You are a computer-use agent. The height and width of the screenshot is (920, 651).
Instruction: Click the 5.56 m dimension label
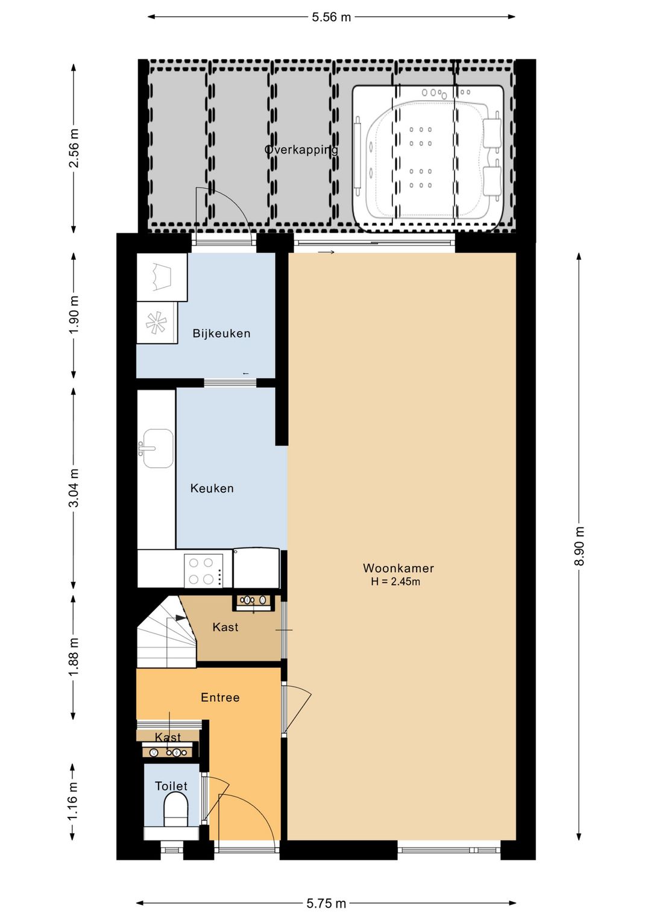point(331,17)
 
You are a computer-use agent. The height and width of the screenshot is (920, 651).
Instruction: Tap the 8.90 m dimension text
point(579,546)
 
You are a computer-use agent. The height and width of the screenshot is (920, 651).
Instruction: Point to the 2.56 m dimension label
point(74,148)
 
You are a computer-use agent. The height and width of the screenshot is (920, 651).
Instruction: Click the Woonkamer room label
point(398,568)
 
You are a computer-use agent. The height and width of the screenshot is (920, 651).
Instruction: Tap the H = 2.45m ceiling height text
point(395,582)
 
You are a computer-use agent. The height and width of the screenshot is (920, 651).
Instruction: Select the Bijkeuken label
point(221,333)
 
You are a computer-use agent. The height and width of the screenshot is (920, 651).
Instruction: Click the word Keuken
point(212,488)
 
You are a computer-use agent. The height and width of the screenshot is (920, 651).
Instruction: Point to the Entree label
point(220,698)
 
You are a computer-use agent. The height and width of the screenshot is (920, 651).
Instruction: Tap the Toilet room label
point(171,786)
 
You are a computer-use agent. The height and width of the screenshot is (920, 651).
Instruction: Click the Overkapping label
point(301,150)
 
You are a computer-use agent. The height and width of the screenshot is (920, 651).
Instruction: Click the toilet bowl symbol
point(176,808)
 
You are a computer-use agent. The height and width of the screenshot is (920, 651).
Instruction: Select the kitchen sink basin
point(158,449)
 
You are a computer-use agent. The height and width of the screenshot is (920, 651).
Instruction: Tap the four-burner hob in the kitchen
point(204,570)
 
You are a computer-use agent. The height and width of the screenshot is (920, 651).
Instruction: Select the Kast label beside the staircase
point(225,627)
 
